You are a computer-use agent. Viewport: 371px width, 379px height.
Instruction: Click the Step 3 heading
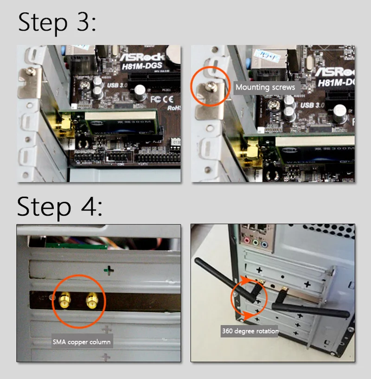(57, 22)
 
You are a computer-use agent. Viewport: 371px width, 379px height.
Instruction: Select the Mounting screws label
(265, 87)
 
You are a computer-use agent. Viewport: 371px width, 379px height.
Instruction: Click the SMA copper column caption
(82, 342)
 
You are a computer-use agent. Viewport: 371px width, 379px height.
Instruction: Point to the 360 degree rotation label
(249, 331)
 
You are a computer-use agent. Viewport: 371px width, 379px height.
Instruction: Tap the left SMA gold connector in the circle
(64, 302)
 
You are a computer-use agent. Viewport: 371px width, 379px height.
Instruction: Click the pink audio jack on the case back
(247, 241)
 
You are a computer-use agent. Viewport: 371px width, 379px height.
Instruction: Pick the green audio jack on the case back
(256, 242)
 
